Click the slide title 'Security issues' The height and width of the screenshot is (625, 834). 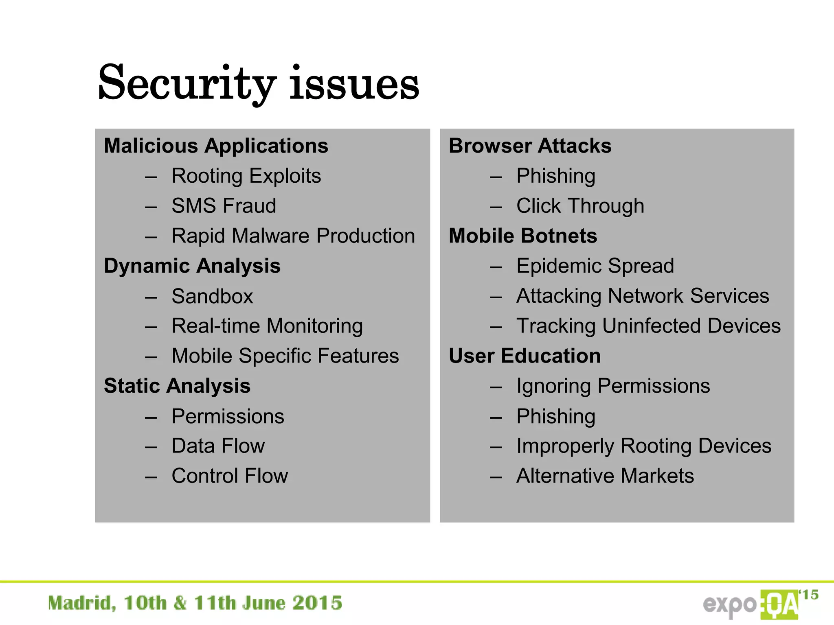coord(259,83)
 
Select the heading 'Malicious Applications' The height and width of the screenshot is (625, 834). coord(216,146)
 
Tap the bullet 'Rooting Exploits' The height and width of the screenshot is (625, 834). coord(246,176)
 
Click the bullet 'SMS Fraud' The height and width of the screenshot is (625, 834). coord(224,205)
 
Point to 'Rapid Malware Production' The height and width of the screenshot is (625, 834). coord(293,236)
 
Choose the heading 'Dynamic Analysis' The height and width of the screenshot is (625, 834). coord(192,266)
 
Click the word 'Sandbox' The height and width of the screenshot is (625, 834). coord(212,296)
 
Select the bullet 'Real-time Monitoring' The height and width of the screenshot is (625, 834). coord(267,326)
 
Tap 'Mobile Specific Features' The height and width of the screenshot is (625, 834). coord(285,356)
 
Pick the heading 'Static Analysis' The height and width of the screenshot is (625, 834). coord(177,386)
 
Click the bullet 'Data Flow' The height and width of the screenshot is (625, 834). coord(218,446)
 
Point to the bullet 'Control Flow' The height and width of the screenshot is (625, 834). coord(230,476)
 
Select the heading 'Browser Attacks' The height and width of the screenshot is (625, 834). coord(530,146)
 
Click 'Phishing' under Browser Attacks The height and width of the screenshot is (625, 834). coord(555,176)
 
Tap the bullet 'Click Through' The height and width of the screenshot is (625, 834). coord(580,205)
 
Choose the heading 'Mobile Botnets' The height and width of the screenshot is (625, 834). coord(523,236)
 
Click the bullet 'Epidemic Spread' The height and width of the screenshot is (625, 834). coord(595,266)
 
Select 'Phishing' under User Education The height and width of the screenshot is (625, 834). coord(555,416)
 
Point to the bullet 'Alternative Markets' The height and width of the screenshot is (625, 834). coord(605,476)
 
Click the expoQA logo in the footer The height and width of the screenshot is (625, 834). coord(759,604)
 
